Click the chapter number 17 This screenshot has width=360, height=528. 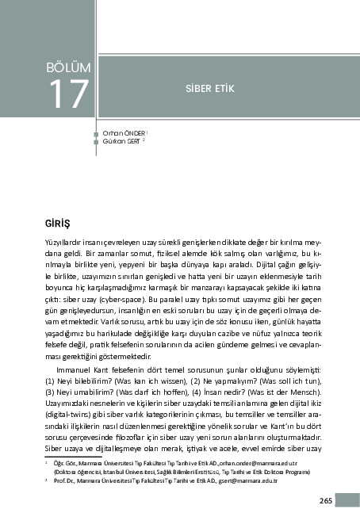tap(69, 94)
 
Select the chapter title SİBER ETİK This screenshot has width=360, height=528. tap(209, 88)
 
